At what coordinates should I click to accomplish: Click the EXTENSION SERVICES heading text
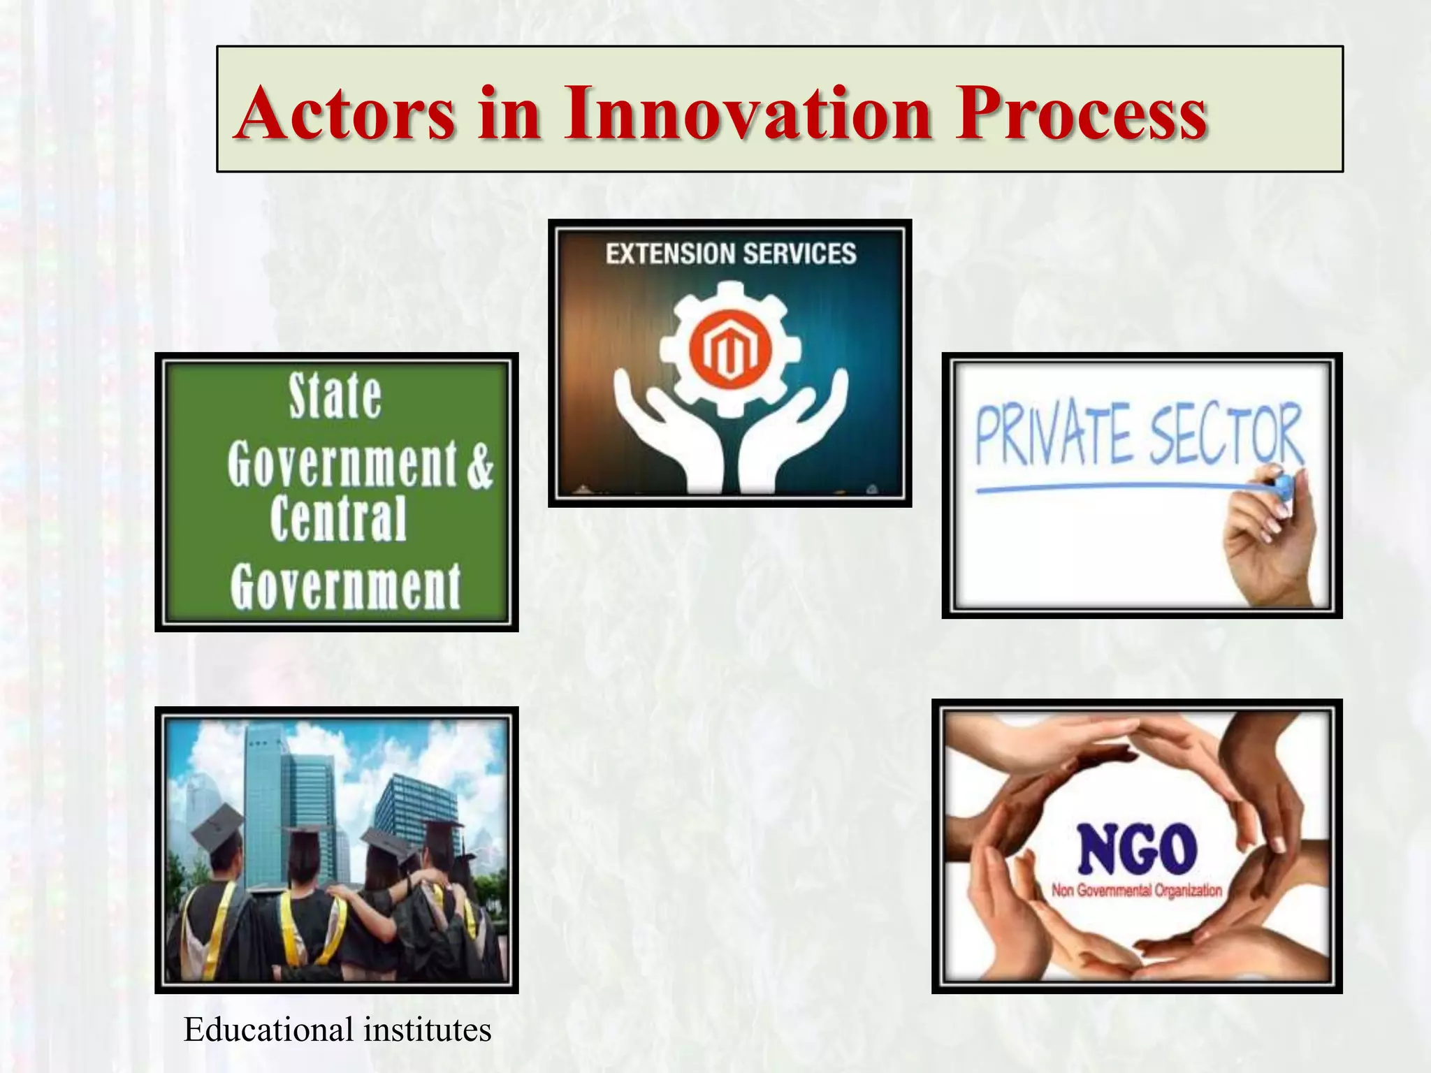[x=730, y=254]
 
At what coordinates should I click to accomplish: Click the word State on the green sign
[x=335, y=396]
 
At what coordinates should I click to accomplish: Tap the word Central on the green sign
[x=338, y=518]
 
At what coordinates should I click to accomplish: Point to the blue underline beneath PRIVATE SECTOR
[x=1118, y=488]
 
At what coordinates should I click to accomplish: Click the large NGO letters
[x=1137, y=849]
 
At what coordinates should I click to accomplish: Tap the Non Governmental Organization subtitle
[x=1137, y=891]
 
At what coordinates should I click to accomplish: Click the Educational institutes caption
[x=337, y=1030]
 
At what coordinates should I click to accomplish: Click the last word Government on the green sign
[x=345, y=587]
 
